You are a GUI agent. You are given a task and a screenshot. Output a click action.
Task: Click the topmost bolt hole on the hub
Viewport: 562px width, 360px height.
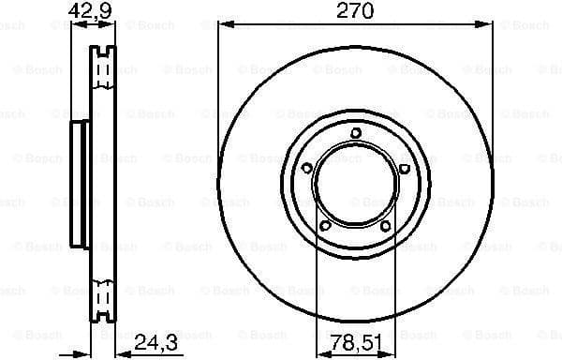[x=355, y=134]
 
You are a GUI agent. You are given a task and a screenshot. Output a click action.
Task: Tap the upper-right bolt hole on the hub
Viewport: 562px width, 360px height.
[x=404, y=169]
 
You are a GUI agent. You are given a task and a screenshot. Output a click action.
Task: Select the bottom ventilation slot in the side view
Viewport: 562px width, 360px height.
[x=103, y=298]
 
